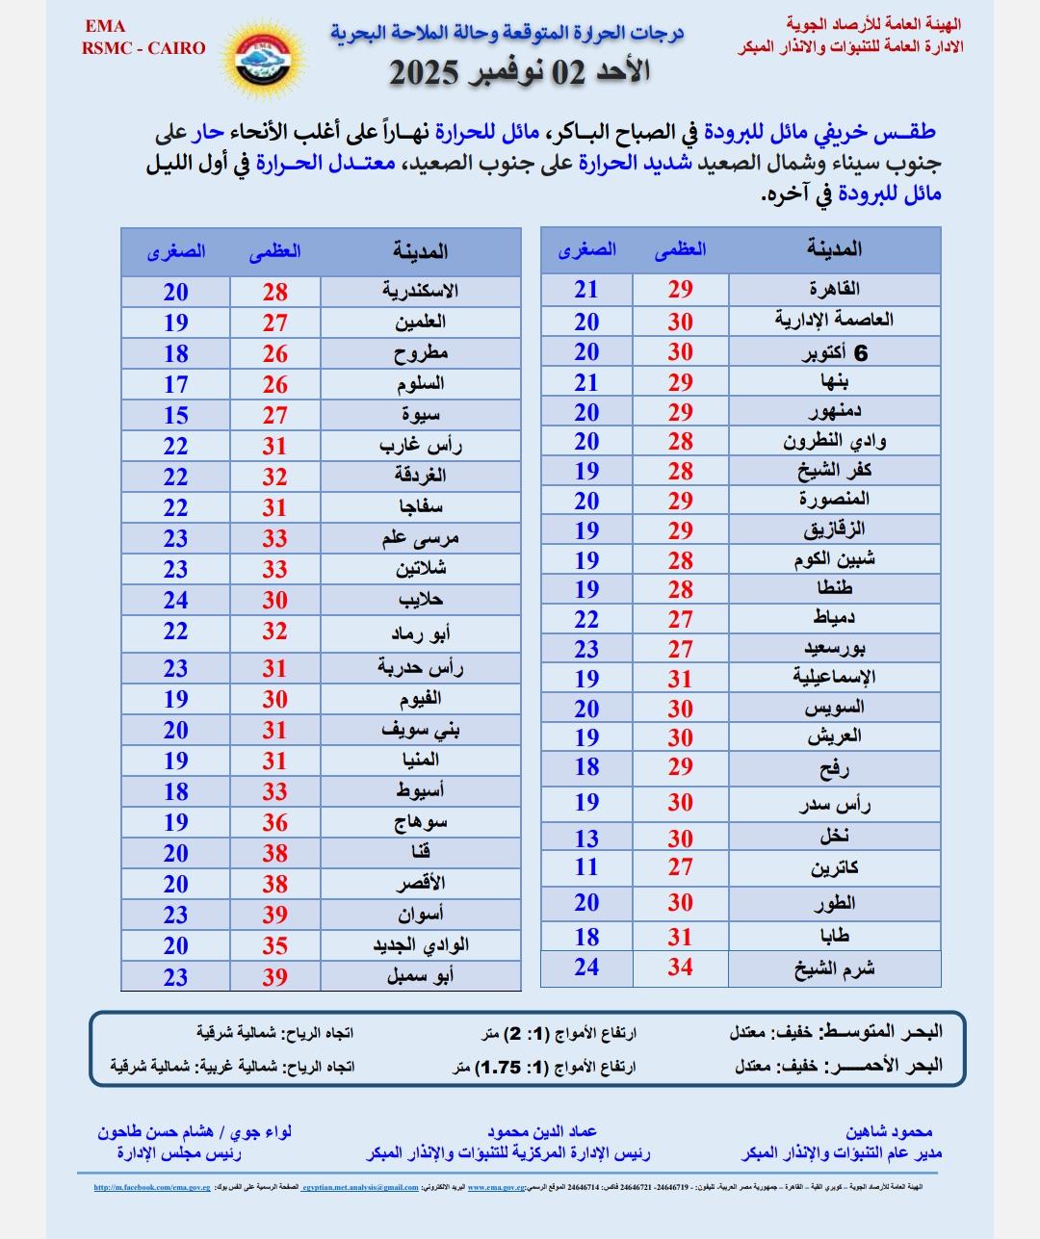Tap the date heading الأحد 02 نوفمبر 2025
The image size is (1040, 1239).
[519, 72]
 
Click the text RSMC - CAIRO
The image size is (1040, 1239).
[143, 48]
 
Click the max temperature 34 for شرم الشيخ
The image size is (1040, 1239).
[680, 968]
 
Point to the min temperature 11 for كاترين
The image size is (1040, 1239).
[586, 866]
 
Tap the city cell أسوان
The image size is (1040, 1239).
[420, 915]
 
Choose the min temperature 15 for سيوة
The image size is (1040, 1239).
[175, 415]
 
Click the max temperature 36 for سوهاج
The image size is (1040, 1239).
[275, 822]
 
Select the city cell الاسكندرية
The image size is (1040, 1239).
[420, 292]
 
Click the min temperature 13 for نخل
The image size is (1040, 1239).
[586, 838]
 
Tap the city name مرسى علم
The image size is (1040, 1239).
[420, 538]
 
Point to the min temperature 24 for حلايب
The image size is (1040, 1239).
[175, 600]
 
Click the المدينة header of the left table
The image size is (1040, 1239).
[420, 252]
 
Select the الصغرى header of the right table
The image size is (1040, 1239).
[586, 250]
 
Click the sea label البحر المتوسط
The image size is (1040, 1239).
[880, 1032]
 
